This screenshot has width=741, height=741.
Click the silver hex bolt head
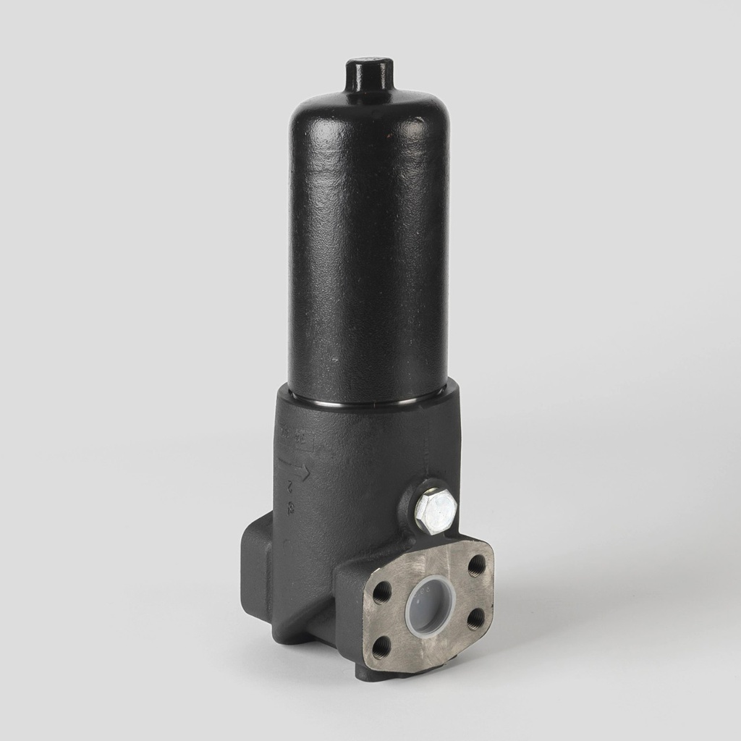435,511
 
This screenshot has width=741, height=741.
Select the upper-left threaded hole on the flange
381,593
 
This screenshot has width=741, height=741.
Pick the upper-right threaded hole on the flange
476,565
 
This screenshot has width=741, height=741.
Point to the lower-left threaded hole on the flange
381,646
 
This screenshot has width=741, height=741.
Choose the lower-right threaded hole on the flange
475,619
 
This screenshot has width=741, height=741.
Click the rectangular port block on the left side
256,572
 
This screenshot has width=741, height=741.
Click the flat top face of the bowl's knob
369,64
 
